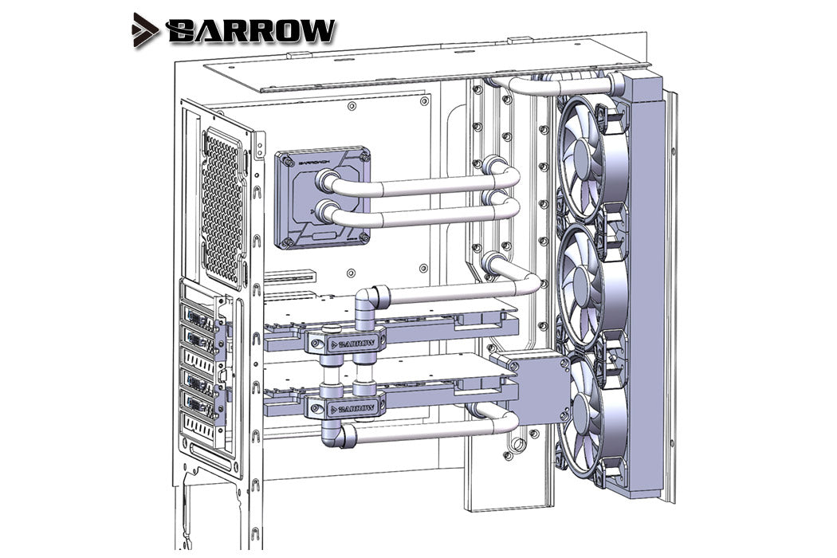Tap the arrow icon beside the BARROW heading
[x=147, y=29]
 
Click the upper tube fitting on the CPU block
[x=326, y=182]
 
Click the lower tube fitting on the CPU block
[x=326, y=212]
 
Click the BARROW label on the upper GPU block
[x=352, y=344]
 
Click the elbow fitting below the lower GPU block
[x=335, y=434]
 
